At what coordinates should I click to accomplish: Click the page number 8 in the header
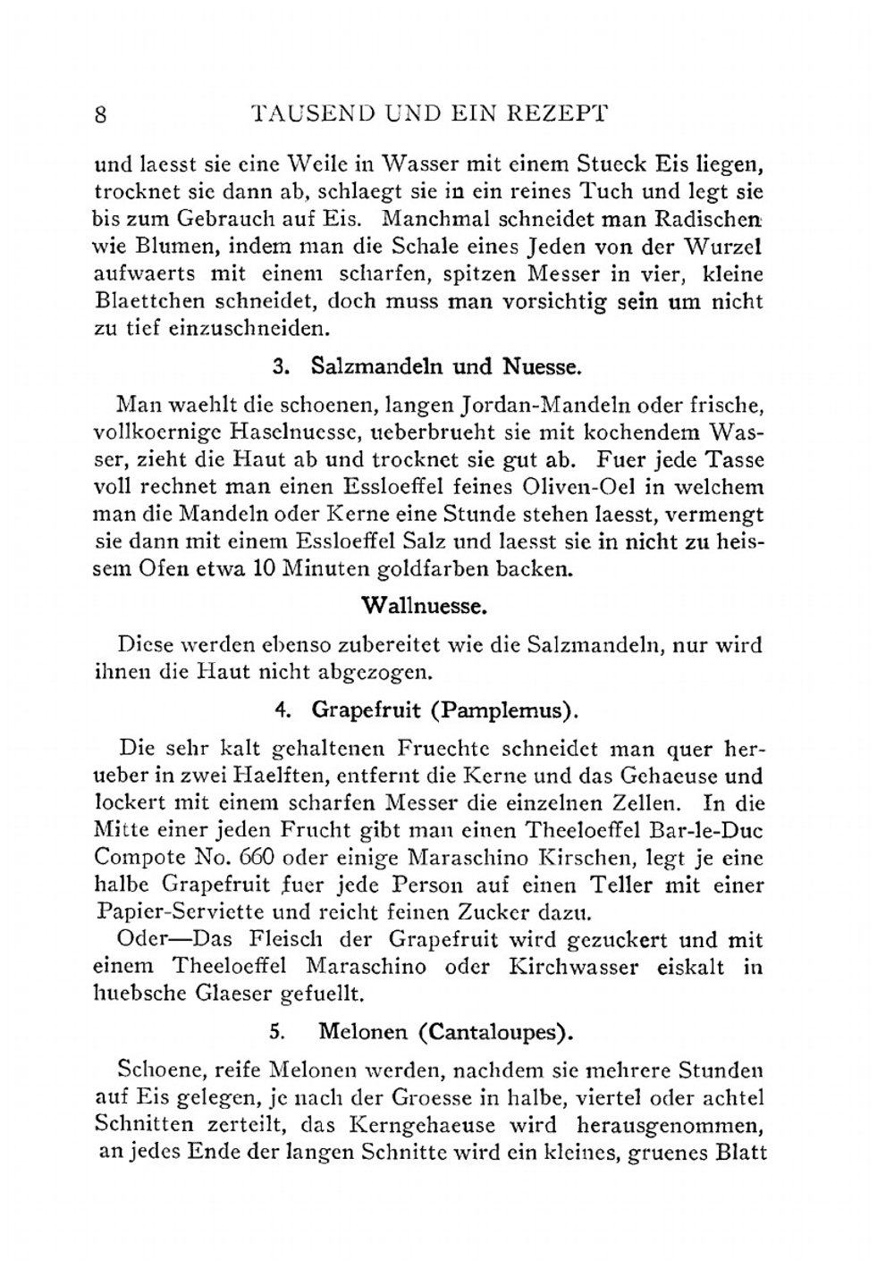click(x=101, y=114)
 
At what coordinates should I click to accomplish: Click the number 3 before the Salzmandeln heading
click(x=279, y=366)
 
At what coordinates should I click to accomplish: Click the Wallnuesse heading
click(x=424, y=607)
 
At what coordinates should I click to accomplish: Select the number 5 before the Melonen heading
click(x=277, y=1031)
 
